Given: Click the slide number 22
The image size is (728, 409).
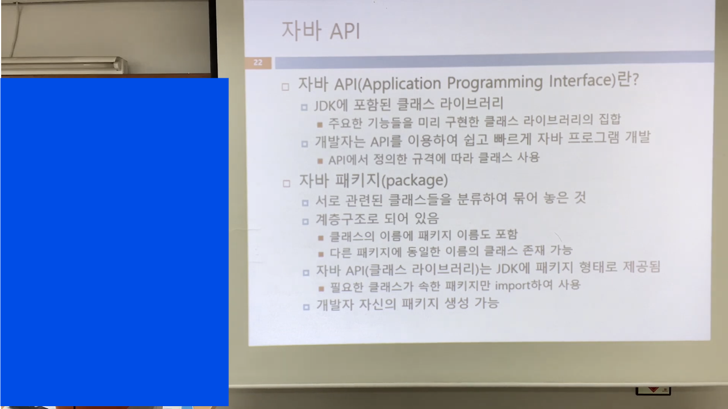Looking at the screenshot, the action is [258, 62].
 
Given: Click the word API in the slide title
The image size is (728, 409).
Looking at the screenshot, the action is [345, 32].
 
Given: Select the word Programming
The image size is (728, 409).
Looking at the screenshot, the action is [495, 82].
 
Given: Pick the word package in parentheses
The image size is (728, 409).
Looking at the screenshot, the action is [415, 180].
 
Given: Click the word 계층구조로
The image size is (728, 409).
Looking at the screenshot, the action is [347, 219].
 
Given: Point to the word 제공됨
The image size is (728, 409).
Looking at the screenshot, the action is [641, 266].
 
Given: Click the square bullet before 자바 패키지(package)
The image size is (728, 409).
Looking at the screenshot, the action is [286, 183].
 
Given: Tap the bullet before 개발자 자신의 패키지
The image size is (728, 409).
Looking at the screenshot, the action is [306, 307].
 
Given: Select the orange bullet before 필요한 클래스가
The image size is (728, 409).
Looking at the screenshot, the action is [321, 289].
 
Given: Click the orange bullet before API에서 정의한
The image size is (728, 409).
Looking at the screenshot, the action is [320, 161].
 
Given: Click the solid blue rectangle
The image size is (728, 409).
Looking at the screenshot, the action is [115, 242].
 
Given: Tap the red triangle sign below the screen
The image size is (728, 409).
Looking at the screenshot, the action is [653, 390].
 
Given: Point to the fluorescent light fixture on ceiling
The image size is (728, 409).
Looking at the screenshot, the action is [64, 64].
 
